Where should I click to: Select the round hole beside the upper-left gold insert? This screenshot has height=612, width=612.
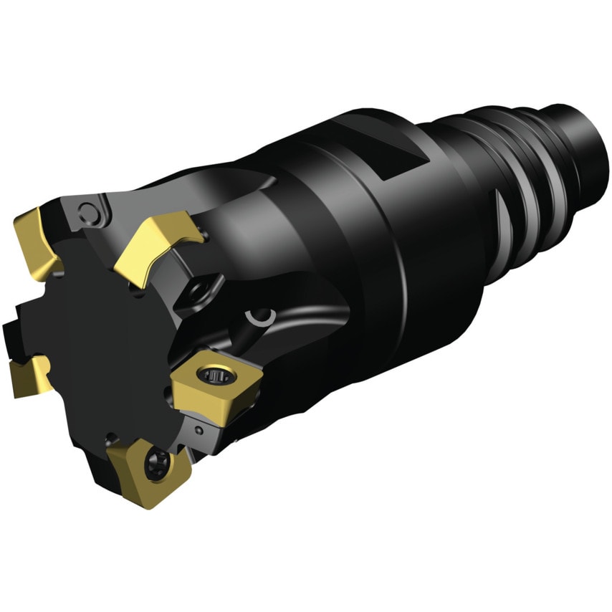[x=89, y=212]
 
